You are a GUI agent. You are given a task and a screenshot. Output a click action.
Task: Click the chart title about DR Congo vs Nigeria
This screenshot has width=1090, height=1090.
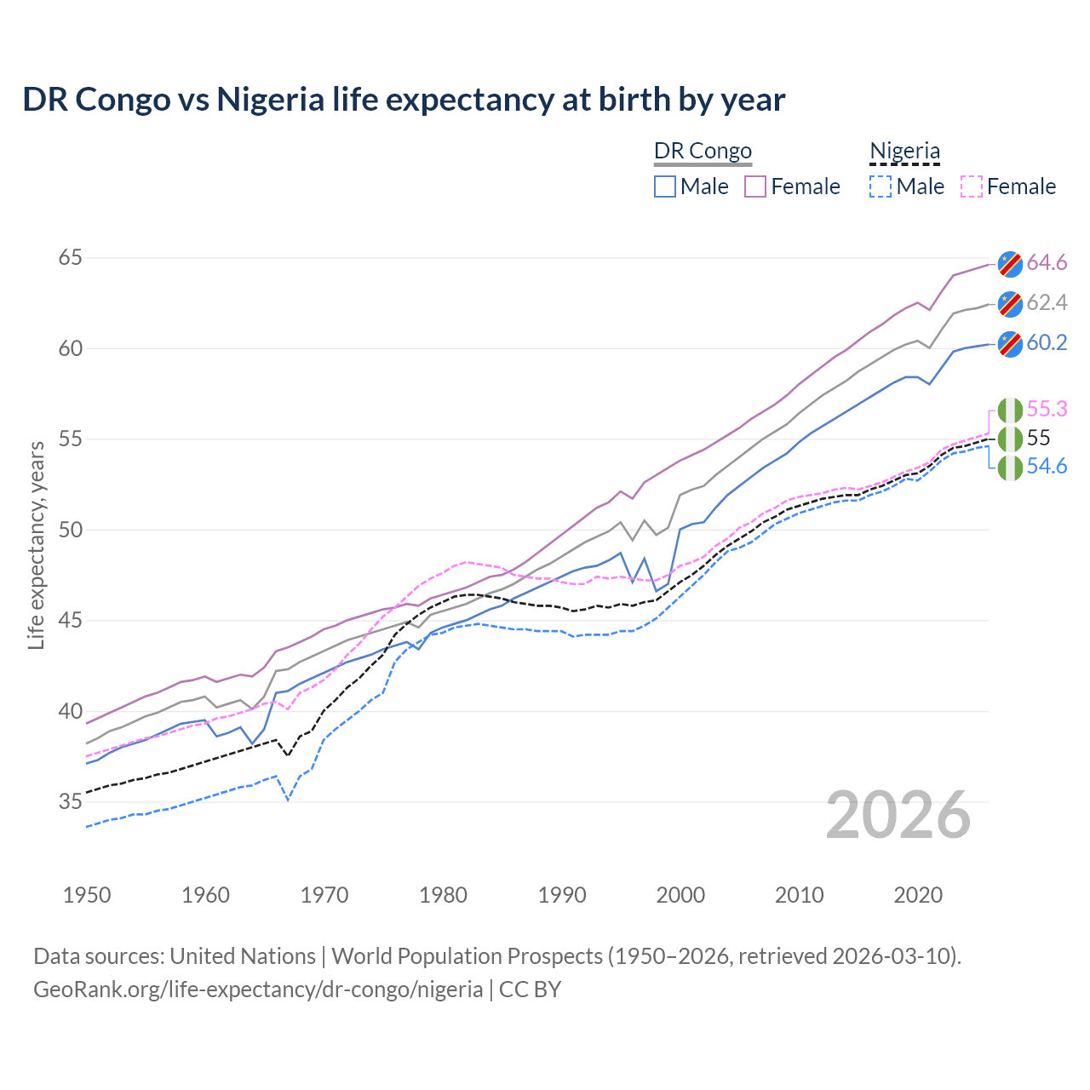tap(404, 100)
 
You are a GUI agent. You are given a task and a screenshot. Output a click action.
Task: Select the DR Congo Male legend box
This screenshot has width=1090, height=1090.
tap(665, 186)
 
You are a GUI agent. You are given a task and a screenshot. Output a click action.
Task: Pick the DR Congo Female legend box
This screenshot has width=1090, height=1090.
tap(755, 186)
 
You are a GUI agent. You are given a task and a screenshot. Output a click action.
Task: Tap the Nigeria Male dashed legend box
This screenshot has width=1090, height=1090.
tap(881, 186)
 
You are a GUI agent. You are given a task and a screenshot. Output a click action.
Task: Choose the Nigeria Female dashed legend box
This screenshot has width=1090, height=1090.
tap(971, 186)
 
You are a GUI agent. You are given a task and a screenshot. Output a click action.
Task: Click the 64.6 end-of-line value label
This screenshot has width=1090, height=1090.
tap(1047, 263)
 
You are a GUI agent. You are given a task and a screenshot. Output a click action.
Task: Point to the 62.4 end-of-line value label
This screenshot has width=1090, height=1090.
tap(1047, 303)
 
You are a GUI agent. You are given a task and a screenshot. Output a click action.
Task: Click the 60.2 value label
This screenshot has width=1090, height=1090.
tap(1047, 343)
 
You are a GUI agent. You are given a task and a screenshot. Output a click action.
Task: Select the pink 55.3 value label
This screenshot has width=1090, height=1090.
tap(1047, 410)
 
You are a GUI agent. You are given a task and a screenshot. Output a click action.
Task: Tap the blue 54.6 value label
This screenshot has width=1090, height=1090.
tap(1047, 467)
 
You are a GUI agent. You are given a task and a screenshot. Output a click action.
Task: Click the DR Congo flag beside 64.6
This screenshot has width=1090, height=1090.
tap(1010, 264)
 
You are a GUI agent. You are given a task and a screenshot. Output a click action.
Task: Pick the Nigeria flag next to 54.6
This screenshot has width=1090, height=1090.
tap(1010, 468)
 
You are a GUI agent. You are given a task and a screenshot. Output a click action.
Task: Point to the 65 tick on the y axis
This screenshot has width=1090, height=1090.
tap(70, 257)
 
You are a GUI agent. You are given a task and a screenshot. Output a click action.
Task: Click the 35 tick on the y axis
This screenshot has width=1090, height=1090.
tap(70, 801)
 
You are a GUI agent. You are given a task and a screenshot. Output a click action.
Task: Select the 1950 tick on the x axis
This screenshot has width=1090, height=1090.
tap(87, 895)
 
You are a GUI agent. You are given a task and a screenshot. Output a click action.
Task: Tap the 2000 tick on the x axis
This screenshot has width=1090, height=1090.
tap(680, 895)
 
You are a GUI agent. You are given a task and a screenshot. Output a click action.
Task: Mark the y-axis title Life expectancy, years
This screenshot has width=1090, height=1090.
tap(37, 545)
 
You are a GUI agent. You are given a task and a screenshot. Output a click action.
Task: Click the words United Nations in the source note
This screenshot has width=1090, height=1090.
tap(243, 956)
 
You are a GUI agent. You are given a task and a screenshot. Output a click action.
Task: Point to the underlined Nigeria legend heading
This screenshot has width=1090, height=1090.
tap(904, 152)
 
